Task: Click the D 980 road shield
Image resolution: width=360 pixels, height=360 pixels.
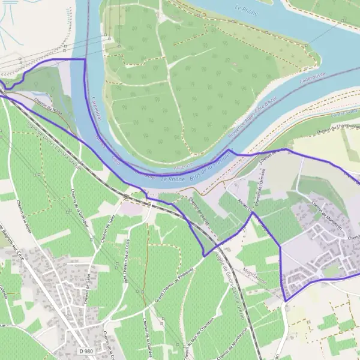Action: (x=86, y=350)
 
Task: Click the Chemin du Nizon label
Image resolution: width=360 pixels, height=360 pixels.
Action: (x=48, y=107)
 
